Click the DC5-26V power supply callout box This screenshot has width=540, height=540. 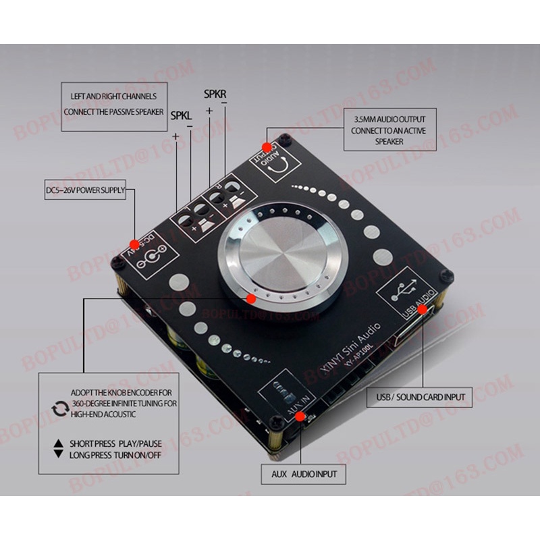85,191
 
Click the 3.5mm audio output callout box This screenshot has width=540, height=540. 389,129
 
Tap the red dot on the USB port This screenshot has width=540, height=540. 423,309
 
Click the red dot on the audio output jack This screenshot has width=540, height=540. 267,146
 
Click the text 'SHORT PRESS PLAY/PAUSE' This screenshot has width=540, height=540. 115,443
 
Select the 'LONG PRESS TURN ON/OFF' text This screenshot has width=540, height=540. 115,455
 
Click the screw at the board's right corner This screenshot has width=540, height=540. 446,275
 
